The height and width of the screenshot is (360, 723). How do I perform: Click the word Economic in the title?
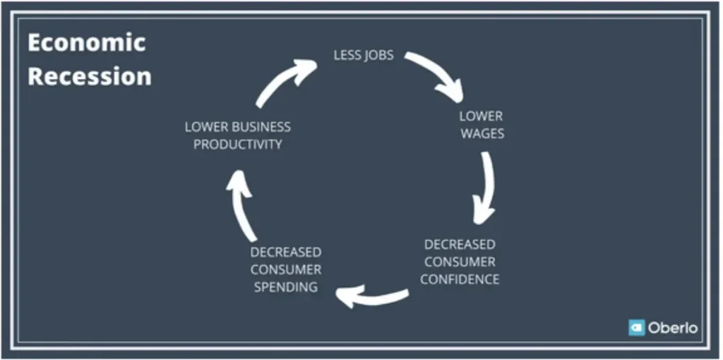pyautogui.click(x=87, y=43)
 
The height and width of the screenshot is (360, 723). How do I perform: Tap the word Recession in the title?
pyautogui.click(x=90, y=76)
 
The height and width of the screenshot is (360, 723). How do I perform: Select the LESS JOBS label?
pyautogui.click(x=364, y=55)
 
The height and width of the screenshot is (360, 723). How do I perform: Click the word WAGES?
pyautogui.click(x=482, y=133)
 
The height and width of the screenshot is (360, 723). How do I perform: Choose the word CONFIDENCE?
pyautogui.click(x=459, y=280)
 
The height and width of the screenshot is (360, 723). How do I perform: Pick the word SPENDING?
pyautogui.click(x=286, y=287)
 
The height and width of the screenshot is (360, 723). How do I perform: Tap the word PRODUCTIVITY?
pyautogui.click(x=237, y=145)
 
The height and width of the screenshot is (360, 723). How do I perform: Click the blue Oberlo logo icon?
pyautogui.click(x=636, y=328)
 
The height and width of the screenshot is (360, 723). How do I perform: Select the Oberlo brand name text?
pyautogui.click(x=673, y=328)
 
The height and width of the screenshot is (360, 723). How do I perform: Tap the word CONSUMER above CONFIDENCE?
pyautogui.click(x=460, y=262)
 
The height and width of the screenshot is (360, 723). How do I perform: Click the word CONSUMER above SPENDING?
pyautogui.click(x=286, y=269)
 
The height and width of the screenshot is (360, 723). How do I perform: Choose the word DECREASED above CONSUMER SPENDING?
pyautogui.click(x=286, y=252)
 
